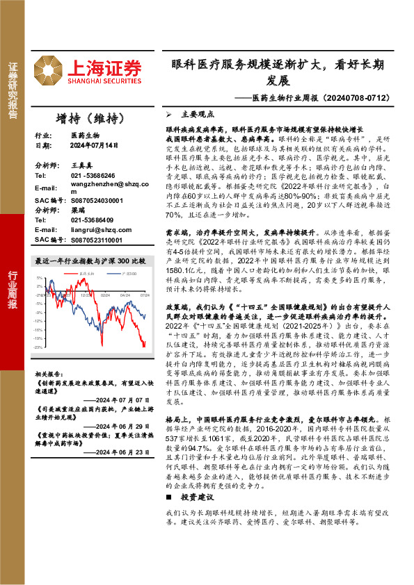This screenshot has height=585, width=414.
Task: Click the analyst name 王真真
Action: point(81,167)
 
